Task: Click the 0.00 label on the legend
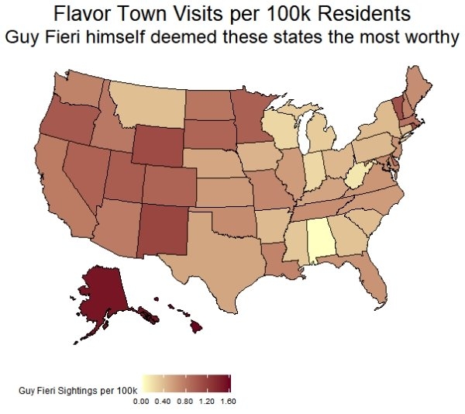tap(141, 402)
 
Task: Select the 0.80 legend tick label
tap(184, 402)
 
